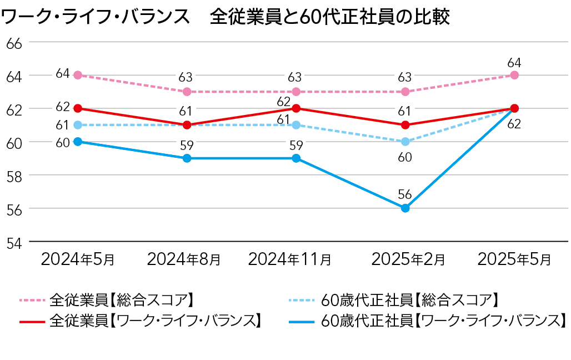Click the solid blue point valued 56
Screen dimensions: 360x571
coord(405,208)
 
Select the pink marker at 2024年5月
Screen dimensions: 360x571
coord(78,75)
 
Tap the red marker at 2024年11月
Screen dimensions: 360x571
coord(296,108)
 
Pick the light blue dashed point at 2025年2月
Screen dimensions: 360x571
coord(405,142)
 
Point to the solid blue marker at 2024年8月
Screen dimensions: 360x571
coord(187,158)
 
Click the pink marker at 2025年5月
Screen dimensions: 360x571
coord(514,75)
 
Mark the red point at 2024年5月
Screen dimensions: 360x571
coord(78,108)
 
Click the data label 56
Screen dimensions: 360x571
coord(405,194)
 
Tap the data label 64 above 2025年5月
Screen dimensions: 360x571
coord(514,62)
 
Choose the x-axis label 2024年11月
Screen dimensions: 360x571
coord(290,259)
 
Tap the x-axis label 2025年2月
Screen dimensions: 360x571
coord(408,259)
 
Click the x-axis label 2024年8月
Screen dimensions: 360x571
coord(184,259)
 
